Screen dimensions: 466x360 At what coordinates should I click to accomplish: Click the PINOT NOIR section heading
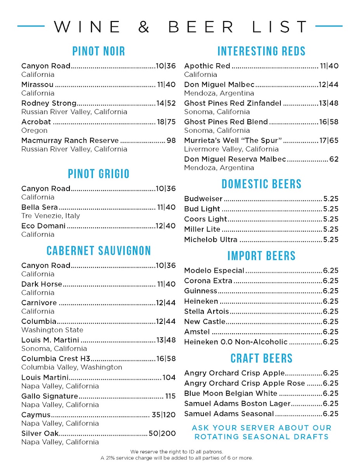click(99, 51)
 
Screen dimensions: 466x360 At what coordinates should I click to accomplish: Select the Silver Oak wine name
click(40, 433)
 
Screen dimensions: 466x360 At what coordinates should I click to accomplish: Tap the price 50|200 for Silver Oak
click(162, 433)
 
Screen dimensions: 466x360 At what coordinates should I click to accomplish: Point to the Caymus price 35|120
click(163, 415)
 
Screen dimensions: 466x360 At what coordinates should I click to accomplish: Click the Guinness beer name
click(201, 291)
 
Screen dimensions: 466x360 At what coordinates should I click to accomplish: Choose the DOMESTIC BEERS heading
click(261, 184)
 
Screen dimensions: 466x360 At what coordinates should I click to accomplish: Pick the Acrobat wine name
click(37, 122)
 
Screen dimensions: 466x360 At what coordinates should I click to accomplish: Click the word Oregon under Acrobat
click(34, 130)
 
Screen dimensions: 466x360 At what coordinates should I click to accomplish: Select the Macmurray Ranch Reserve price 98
click(171, 141)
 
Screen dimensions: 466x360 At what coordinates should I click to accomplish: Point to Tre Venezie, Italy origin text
click(50, 216)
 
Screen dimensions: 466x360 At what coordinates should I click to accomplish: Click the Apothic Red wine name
click(207, 66)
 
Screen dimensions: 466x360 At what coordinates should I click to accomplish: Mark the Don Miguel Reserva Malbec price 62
click(334, 159)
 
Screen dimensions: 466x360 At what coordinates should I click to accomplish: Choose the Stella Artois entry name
click(207, 311)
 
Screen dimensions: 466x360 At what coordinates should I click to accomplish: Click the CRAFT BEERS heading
click(261, 358)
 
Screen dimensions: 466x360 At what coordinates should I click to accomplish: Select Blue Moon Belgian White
click(231, 393)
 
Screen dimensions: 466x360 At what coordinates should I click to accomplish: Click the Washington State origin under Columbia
click(52, 330)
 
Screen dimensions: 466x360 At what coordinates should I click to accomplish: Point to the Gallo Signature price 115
click(170, 396)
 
